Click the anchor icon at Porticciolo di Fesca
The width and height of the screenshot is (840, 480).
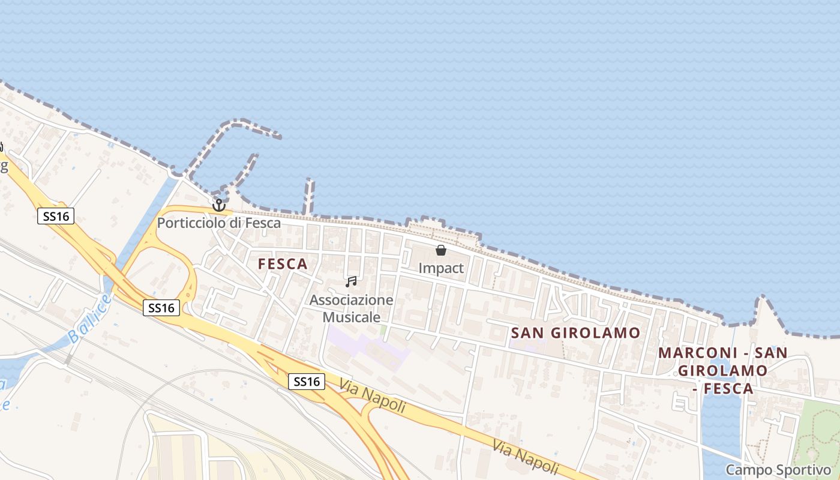218,205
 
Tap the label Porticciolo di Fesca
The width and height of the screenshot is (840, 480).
219,223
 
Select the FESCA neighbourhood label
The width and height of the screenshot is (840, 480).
283,264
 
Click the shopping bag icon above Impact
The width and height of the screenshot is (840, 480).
441,250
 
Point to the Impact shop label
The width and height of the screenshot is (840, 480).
441,268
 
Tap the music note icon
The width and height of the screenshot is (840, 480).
351,281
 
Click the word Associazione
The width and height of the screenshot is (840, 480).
352,300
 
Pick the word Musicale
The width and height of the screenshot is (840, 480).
352,317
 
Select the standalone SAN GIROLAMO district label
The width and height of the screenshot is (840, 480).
576,333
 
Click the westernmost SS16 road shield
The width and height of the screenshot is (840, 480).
56,216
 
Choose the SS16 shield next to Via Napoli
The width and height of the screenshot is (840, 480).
307,381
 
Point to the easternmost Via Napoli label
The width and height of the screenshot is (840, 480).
526,457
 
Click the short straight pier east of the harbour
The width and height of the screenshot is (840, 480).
308,196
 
